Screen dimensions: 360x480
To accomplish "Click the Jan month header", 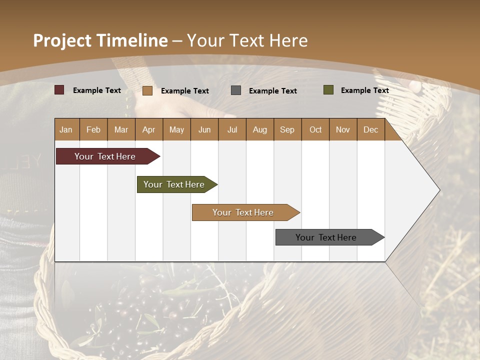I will (x=66, y=129).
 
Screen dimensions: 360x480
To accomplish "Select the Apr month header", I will (x=148, y=129).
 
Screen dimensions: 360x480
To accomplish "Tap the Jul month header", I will (x=232, y=129).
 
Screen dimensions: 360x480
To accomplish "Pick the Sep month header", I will (x=287, y=129).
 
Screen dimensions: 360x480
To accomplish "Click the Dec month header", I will (x=370, y=129).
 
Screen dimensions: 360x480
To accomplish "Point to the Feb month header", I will (x=93, y=129).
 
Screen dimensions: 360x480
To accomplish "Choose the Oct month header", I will (x=315, y=129).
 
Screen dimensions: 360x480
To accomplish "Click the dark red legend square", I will (x=59, y=90).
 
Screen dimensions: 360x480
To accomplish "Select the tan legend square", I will (x=147, y=90).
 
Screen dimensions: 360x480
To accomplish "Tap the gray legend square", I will (x=236, y=90).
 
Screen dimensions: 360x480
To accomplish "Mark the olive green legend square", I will (x=328, y=90).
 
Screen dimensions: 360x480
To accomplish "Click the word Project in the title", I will (x=61, y=40).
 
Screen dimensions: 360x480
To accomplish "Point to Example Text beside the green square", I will (x=364, y=90).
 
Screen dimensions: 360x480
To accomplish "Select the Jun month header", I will (x=204, y=129).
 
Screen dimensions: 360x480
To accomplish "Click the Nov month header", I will (x=343, y=129).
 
